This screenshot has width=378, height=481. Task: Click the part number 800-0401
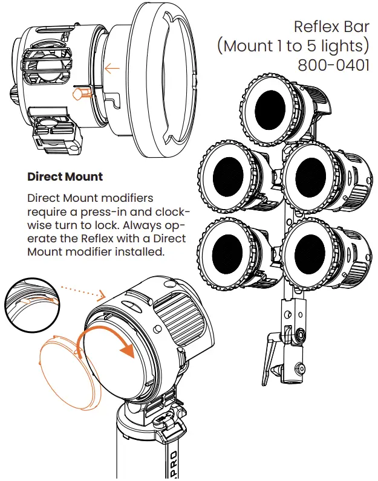pyautogui.click(x=333, y=64)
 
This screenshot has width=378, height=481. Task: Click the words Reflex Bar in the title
pyautogui.click(x=331, y=27)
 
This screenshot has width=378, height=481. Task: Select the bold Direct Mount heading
pyautogui.click(x=65, y=177)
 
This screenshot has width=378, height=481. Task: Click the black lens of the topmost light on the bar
pyautogui.click(x=272, y=109)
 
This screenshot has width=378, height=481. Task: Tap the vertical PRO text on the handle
pyautogui.click(x=174, y=462)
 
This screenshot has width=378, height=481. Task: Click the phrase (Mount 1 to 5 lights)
pyautogui.click(x=294, y=46)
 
